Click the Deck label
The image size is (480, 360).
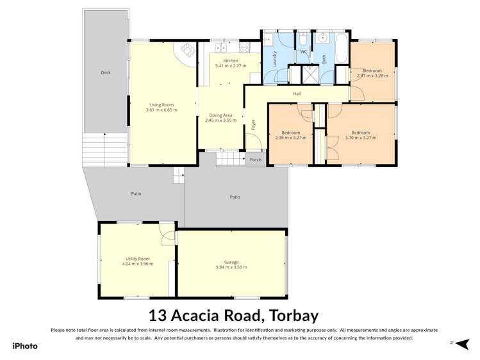[106, 72]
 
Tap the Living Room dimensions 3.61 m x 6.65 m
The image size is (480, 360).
[161, 110]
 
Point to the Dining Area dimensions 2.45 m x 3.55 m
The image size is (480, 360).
[220, 120]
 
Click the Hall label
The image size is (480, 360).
[297, 94]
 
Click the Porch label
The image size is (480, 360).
[255, 160]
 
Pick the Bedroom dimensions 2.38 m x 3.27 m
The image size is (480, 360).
[290, 138]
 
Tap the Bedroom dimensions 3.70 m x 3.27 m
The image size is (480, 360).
[360, 138]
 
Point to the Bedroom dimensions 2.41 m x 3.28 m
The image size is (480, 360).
[372, 76]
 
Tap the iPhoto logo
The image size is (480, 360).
[25, 346]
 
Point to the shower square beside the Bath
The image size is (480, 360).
[311, 75]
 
